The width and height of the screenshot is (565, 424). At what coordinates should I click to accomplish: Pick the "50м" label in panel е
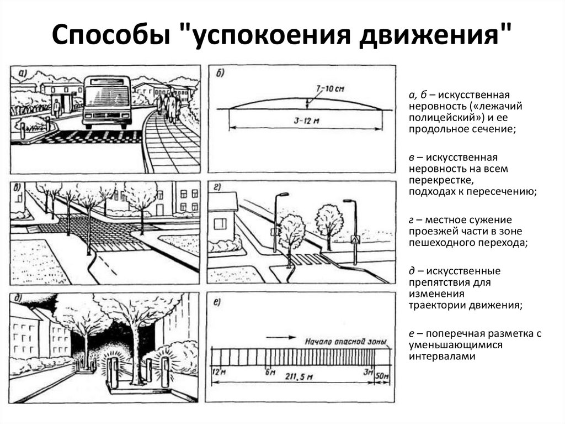click(x=382, y=376)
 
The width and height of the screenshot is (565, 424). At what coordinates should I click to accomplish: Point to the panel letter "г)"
click(x=218, y=190)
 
